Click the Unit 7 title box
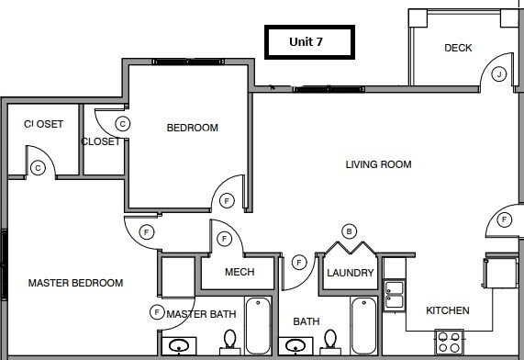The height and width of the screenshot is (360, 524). click(307, 42)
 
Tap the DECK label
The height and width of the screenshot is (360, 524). click(458, 48)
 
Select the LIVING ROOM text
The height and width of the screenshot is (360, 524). click(378, 165)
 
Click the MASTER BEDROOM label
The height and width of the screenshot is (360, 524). click(75, 283)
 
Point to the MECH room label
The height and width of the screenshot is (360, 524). click(239, 273)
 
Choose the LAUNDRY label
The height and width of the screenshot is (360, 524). click(350, 273)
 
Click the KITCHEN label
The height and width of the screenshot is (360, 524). click(448, 310)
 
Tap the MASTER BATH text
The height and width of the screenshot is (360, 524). click(201, 314)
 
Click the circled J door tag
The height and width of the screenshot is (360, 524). click(499, 73)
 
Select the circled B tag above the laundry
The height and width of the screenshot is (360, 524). click(349, 231)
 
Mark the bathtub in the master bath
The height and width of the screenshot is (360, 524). click(259, 327)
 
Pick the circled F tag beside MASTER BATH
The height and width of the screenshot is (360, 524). click(157, 313)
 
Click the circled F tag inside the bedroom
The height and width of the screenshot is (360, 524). click(227, 200)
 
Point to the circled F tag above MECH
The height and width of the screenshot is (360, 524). click(225, 239)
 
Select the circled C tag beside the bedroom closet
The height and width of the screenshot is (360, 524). click(122, 123)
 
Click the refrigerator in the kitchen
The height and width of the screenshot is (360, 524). click(501, 274)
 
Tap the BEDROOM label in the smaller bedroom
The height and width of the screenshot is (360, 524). click(192, 128)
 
